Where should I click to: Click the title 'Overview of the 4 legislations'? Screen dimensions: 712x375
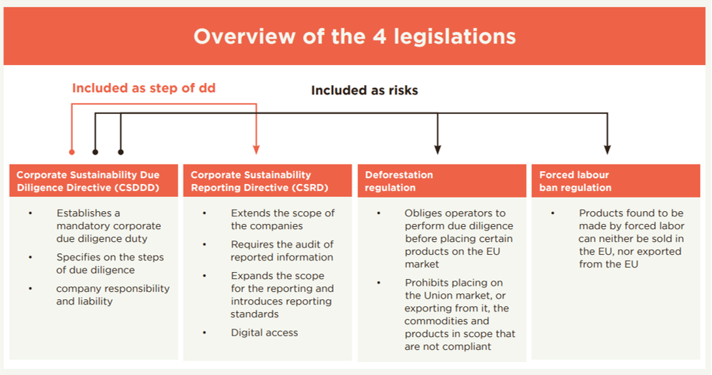355,36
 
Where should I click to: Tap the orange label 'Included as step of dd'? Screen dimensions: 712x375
143,88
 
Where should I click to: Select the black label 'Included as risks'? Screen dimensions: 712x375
364,90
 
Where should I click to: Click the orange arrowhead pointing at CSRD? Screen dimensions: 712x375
256,150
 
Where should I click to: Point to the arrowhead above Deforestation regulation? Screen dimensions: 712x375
437,150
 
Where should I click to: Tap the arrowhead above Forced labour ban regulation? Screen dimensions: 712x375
607,150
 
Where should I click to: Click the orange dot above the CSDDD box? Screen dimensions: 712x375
72,152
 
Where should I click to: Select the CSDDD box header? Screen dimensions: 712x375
94,181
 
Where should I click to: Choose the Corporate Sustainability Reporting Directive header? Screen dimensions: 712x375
267,181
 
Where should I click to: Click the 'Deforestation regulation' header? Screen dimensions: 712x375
442,181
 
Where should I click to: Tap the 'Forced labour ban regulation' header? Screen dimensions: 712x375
616,181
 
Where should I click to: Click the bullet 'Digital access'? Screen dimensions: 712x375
264,332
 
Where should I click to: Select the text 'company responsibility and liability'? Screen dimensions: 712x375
112,295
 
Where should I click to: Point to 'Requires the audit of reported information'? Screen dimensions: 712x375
282,250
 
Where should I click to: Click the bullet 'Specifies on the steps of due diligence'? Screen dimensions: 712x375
110,263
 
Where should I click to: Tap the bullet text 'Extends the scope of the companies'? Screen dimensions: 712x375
282,220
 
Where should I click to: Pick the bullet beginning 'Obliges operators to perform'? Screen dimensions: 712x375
458,238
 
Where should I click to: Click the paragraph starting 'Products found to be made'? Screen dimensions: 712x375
631,238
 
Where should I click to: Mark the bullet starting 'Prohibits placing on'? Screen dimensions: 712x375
460,315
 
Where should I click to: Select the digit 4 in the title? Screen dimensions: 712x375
379,36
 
